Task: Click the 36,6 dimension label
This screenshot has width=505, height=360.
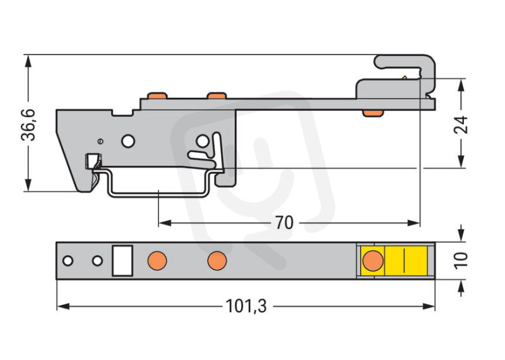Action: tap(28, 125)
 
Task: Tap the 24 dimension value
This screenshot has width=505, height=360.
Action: tap(461, 124)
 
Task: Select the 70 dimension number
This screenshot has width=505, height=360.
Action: tap(285, 223)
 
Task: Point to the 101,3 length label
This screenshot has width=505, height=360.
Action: tap(246, 306)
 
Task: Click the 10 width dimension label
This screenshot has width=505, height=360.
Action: tap(461, 260)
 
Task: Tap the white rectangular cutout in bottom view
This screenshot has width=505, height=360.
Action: tap(122, 261)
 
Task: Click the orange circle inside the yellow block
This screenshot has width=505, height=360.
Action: tap(373, 260)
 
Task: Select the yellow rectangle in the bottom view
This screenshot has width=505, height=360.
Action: tap(394, 260)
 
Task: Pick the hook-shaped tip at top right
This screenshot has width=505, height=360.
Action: tap(405, 69)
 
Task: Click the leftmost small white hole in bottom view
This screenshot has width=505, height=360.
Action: tap(68, 261)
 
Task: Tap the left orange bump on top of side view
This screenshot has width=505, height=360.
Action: tap(157, 96)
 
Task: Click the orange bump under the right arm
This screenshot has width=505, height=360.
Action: tap(372, 113)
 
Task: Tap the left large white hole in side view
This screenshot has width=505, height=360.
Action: tap(128, 141)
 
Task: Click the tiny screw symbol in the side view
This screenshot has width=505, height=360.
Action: tap(100, 141)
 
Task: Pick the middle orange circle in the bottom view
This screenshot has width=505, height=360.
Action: tap(217, 261)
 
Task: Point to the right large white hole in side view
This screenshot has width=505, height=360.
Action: tap(203, 141)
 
